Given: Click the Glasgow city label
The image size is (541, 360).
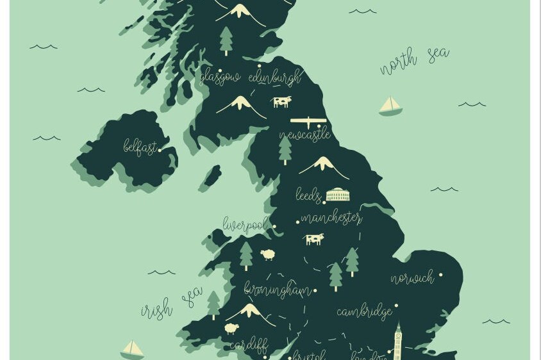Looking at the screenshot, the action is [219, 78].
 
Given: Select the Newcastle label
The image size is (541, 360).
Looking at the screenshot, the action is [304, 135].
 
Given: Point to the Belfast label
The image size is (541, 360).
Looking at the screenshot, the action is [139, 147].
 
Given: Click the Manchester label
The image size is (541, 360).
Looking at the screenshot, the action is [331, 218].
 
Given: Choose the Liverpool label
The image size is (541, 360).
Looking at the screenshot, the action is [245, 224].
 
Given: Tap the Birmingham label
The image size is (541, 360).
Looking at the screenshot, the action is [278, 290].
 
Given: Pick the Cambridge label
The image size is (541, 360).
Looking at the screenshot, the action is [364, 311].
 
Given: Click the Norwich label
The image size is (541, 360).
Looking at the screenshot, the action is [412, 278].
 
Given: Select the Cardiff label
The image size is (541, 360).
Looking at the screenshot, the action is [248, 345].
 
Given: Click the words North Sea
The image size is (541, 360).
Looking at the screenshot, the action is [414, 60].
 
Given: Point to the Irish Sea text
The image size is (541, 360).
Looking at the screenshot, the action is [171, 304].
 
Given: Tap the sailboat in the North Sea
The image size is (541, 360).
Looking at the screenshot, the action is [390, 106].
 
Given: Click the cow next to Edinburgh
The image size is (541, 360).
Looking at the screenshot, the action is [281, 101].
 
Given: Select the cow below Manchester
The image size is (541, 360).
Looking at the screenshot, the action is [314, 239].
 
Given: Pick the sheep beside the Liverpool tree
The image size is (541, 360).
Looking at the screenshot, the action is [268, 255].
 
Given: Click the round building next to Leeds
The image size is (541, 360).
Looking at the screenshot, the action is [338, 195].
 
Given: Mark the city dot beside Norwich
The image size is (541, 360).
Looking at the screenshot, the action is [440, 275].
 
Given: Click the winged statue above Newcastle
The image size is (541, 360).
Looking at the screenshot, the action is [309, 120].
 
